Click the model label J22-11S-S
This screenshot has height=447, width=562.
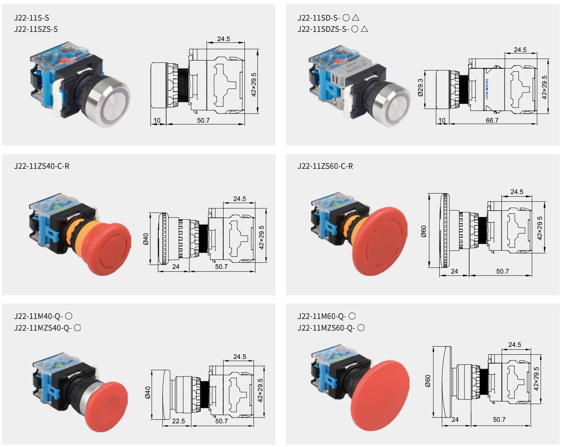(31, 18)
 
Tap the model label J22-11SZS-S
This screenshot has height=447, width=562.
(36, 29)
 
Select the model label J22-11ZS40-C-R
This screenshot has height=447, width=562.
(42, 166)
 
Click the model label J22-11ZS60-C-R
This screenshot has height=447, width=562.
(325, 166)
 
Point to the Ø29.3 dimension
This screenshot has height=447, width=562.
(420, 88)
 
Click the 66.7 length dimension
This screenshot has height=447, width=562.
(492, 120)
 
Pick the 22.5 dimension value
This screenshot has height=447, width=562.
(178, 421)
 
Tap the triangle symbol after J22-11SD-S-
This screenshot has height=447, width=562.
(356, 17)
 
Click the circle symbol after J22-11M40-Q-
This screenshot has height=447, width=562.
(69, 316)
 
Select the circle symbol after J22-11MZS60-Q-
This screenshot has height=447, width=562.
(361, 328)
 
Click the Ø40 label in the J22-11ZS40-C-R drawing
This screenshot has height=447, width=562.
(146, 239)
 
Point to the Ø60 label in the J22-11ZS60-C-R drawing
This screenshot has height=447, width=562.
(423, 231)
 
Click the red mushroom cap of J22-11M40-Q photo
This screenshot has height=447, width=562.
(107, 405)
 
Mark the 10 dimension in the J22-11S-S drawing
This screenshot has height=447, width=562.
(157, 120)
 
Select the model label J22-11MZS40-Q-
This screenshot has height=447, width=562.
(43, 328)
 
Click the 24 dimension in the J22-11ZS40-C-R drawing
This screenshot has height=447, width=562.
(175, 267)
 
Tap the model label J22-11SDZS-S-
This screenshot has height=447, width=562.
(323, 29)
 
